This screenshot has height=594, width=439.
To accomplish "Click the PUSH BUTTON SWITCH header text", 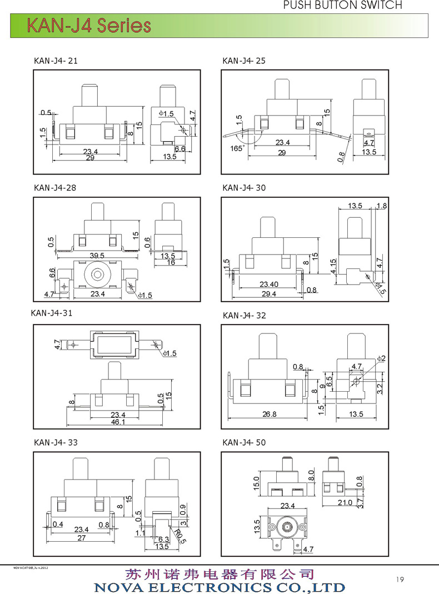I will [x=342, y=5].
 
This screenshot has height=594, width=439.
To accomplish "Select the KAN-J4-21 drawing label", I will [x=56, y=61].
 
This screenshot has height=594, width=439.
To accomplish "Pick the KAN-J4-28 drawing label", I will [x=55, y=188].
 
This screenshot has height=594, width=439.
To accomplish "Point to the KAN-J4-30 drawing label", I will [x=244, y=188].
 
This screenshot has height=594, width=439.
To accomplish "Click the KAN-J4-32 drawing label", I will [x=244, y=316].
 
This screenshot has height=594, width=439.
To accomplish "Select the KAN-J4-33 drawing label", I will [x=56, y=443].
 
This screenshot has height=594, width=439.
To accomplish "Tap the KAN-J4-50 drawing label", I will [x=244, y=443].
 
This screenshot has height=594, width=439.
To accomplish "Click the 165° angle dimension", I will [x=236, y=148].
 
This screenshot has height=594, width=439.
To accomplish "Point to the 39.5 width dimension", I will [x=97, y=254].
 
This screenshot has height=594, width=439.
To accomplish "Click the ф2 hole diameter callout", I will [x=381, y=358].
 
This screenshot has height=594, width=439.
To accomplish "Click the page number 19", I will [x=400, y=580].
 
